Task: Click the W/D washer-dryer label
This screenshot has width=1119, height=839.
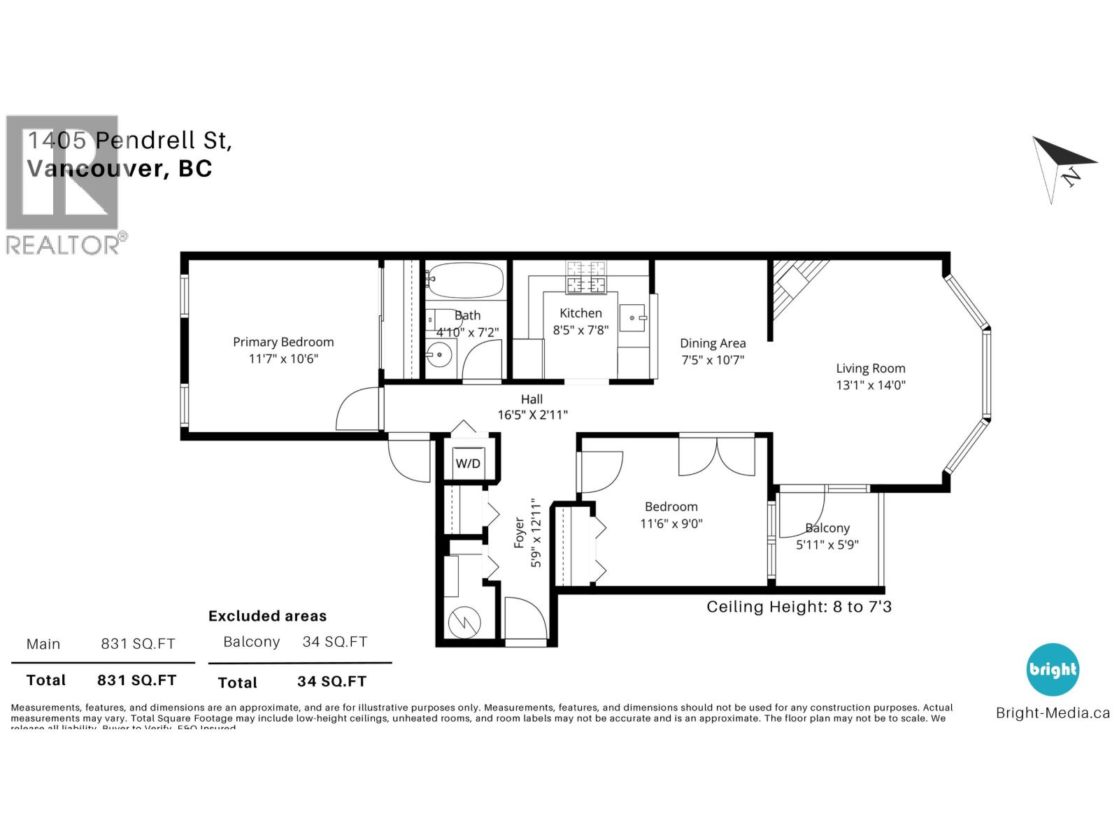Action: [468, 464]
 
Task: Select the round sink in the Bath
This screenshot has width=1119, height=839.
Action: [439, 355]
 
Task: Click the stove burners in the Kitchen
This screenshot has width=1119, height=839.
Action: [586, 277]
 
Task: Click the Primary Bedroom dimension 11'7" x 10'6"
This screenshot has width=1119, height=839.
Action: [283, 359]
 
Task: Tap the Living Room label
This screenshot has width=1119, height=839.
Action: [871, 368]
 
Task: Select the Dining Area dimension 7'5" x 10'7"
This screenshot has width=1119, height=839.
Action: [713, 360]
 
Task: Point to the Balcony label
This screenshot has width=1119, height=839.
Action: [827, 529]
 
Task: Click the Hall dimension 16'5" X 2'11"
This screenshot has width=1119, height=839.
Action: [532, 415]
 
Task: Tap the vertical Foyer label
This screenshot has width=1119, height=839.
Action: [520, 532]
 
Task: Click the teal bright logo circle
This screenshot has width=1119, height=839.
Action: [1053, 670]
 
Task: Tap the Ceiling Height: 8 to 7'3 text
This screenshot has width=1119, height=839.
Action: [799, 607]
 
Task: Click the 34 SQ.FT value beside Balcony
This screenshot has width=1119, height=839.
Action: [334, 642]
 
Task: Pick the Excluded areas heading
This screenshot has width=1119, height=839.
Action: [267, 616]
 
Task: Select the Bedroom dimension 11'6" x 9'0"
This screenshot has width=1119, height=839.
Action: [671, 524]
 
